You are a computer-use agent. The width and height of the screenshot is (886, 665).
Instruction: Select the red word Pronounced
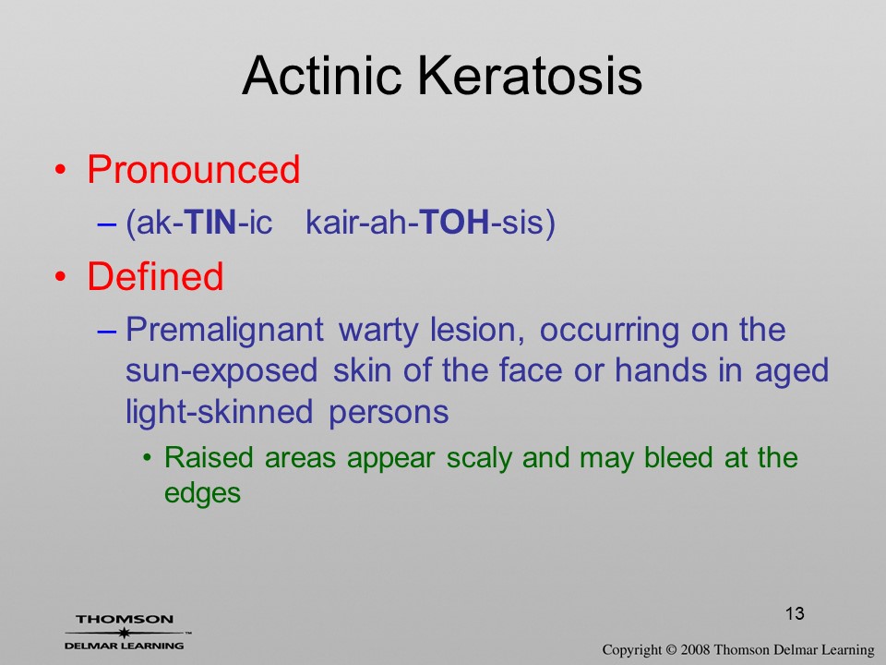point(193,169)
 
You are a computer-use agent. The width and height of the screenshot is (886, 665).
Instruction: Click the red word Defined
point(155,276)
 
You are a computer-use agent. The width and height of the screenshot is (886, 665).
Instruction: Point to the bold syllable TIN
point(210,222)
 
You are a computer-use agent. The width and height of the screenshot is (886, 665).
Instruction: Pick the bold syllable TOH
point(455,222)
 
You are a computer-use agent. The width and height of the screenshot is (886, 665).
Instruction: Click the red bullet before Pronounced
point(61,170)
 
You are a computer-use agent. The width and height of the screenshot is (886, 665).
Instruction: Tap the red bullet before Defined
point(61,276)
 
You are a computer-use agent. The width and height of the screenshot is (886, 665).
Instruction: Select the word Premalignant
point(224,331)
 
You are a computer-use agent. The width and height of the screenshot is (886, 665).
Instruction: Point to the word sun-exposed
point(221,371)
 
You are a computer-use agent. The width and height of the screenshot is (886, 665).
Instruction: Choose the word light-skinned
point(220,412)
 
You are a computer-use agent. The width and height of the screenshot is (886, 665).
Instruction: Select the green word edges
point(202,493)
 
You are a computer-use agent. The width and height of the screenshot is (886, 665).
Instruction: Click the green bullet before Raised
point(148,457)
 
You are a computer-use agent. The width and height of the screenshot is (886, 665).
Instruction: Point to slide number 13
point(795,613)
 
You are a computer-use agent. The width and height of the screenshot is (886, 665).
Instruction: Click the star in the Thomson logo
point(125,633)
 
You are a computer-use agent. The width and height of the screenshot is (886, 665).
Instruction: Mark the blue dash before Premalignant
point(106,332)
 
